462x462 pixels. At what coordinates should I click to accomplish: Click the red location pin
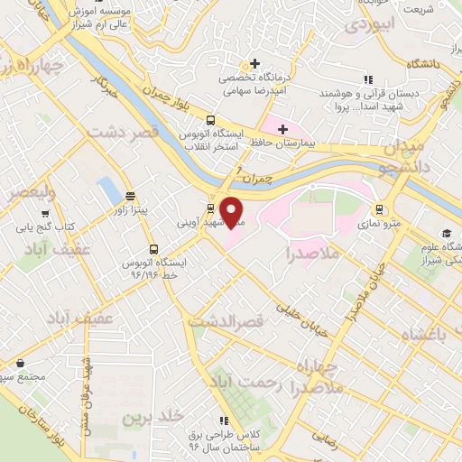pos(233,210)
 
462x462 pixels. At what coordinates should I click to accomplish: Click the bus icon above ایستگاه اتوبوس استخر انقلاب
pos(210,120)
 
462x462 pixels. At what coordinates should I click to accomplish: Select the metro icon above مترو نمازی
pos(379,205)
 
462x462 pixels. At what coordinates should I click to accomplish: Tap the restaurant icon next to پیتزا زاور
pos(130,194)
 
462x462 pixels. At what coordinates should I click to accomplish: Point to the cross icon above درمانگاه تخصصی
pos(257,63)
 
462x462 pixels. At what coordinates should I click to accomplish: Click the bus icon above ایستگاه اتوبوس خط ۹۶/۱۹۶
pos(152,249)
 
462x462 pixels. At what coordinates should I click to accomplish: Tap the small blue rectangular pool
pos(107,189)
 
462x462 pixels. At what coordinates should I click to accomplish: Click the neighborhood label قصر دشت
pos(124,133)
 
